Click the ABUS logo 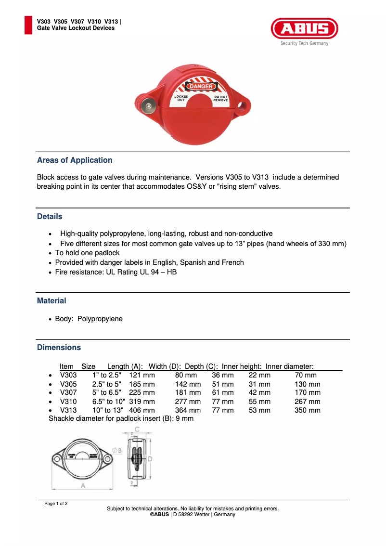304,28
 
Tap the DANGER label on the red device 201,86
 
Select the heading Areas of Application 75,160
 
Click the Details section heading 50,217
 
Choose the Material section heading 51,301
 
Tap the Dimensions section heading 59,348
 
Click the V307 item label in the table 68,393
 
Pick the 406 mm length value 142,410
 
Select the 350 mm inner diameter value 307,410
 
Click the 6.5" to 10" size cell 109,402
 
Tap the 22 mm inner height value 259,375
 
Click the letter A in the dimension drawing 83,486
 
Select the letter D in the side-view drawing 150,459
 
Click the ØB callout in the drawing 117,450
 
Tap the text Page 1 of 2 56,504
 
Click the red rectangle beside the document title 28,25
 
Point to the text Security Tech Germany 304,43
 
